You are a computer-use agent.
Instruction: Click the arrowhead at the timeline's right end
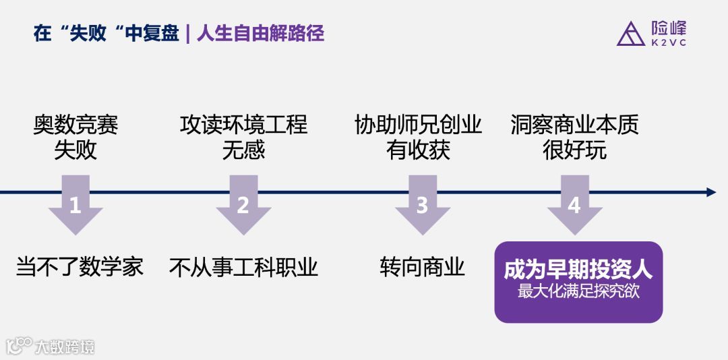point(710,192)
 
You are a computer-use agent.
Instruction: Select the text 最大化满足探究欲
point(578,293)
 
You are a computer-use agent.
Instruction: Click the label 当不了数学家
point(80,267)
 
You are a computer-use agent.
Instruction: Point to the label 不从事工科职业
point(243,268)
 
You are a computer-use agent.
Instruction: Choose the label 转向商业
point(422,267)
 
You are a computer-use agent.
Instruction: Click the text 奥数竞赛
point(75,125)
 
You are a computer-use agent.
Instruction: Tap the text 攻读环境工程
point(243,125)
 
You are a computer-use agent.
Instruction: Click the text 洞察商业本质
point(574,125)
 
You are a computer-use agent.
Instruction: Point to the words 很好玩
point(574,150)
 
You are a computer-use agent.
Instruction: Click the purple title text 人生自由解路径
point(260,34)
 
